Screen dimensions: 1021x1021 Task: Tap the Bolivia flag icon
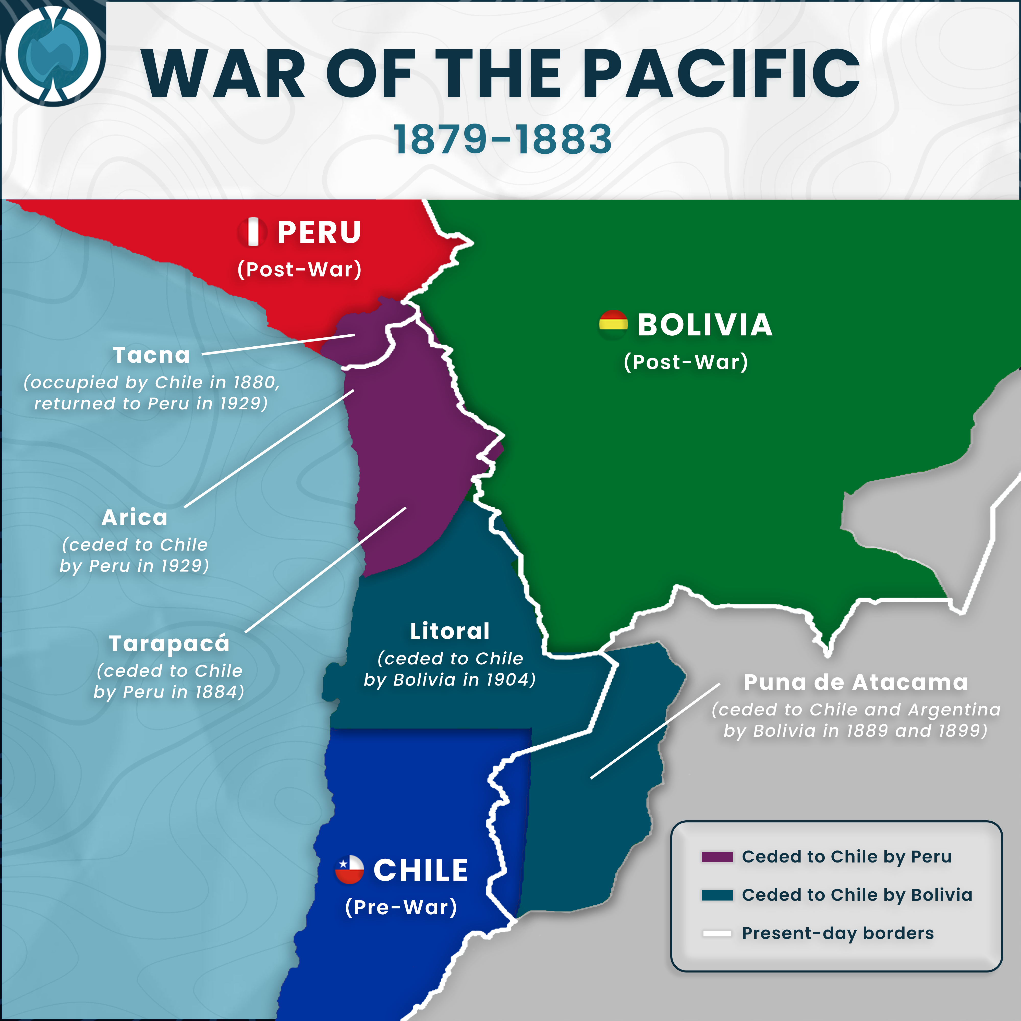coord(613,324)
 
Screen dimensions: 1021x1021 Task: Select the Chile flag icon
coord(349,869)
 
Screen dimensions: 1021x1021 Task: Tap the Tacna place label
coord(151,355)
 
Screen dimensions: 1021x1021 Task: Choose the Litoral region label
coord(450,631)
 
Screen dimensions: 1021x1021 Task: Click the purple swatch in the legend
coord(717,857)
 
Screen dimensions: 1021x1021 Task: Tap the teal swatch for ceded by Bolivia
coord(717,895)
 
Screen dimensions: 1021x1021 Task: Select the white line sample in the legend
coord(717,933)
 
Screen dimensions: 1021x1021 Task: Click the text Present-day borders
coord(838,933)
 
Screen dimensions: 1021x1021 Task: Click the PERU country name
coord(319,232)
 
